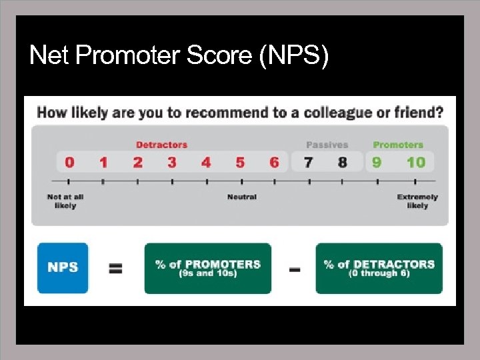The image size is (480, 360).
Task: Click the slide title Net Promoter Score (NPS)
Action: pyautogui.click(x=179, y=56)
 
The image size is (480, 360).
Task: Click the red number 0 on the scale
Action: pyautogui.click(x=69, y=162)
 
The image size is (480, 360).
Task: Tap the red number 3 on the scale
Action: pyautogui.click(x=172, y=162)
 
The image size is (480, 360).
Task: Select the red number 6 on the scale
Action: pyautogui.click(x=274, y=162)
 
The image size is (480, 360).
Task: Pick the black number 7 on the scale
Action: pyautogui.click(x=308, y=162)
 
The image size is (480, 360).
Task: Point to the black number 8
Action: pyautogui.click(x=342, y=162)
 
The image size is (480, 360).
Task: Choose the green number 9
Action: pyautogui.click(x=377, y=162)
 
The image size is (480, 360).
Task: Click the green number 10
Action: pyautogui.click(x=415, y=162)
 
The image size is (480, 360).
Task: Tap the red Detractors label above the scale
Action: pyautogui.click(x=161, y=145)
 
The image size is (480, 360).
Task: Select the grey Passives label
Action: pyautogui.click(x=327, y=145)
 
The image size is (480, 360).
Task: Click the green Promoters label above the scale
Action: pyautogui.click(x=398, y=145)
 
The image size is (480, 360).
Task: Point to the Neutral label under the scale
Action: pyautogui.click(x=241, y=197)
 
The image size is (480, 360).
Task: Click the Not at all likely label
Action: pyautogui.click(x=65, y=201)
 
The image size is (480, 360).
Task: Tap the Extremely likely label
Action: pyautogui.click(x=417, y=201)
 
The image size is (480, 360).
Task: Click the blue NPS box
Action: pyautogui.click(x=63, y=268)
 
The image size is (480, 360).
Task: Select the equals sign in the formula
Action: pyautogui.click(x=115, y=269)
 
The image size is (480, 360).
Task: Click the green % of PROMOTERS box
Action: pyautogui.click(x=208, y=268)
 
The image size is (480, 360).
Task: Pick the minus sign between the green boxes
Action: pyautogui.click(x=293, y=269)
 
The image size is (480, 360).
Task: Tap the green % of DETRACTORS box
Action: pyautogui.click(x=379, y=268)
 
